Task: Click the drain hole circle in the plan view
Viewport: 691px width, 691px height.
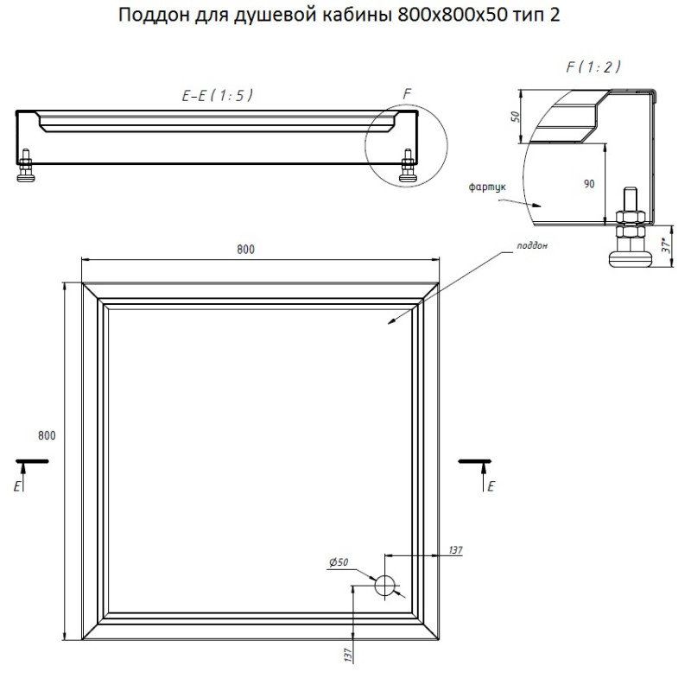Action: [x=385, y=586]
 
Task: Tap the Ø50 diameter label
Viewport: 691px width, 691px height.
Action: [x=339, y=562]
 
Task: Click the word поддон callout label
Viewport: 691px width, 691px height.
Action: [x=532, y=246]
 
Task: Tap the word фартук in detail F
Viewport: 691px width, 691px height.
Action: [x=487, y=187]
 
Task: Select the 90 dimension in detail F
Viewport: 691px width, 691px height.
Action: [x=589, y=184]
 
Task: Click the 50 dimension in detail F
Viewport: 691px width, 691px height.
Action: [x=515, y=117]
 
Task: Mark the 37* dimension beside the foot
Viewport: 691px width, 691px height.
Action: [x=667, y=245]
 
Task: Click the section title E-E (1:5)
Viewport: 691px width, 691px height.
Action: [x=218, y=96]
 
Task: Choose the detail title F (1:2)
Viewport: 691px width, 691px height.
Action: [x=593, y=67]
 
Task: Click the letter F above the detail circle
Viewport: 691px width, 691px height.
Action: [x=407, y=94]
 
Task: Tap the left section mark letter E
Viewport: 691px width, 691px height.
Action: [x=17, y=486]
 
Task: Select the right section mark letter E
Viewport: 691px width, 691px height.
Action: [x=491, y=486]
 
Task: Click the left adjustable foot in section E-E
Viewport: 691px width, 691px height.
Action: [x=26, y=165]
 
